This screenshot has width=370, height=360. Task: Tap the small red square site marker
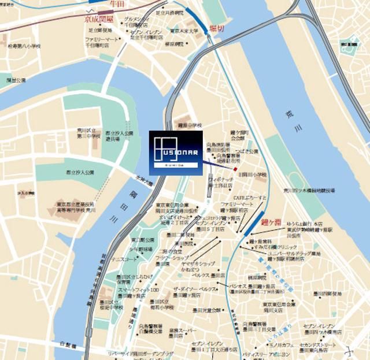(x=235, y=169)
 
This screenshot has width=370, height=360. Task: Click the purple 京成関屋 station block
(x=106, y=11)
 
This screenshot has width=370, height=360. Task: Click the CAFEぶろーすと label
(x=249, y=198)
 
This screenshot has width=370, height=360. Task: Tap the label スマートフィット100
(x=138, y=289)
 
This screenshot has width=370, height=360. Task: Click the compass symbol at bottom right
(x=347, y=351)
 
